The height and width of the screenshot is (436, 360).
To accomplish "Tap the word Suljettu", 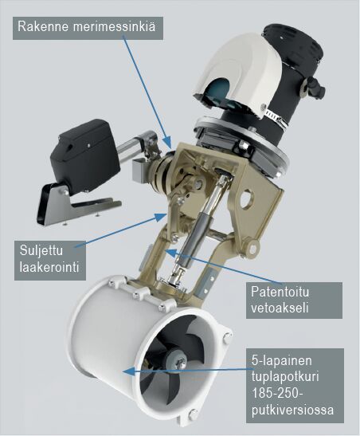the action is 41,251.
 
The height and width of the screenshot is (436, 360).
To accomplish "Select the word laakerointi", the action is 49,267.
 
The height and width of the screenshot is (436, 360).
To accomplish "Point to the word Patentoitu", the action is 280,292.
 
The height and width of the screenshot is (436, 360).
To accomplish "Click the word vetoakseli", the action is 280,308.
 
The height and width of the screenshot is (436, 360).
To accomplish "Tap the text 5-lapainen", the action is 281,360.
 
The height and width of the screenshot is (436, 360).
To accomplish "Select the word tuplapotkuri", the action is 285,377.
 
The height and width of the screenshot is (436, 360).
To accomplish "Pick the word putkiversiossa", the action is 292,410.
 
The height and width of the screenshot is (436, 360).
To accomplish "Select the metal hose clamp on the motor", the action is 276,119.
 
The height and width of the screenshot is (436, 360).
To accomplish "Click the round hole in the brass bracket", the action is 246,198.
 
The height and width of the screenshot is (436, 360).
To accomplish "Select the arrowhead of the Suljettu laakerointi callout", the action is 161,216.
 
